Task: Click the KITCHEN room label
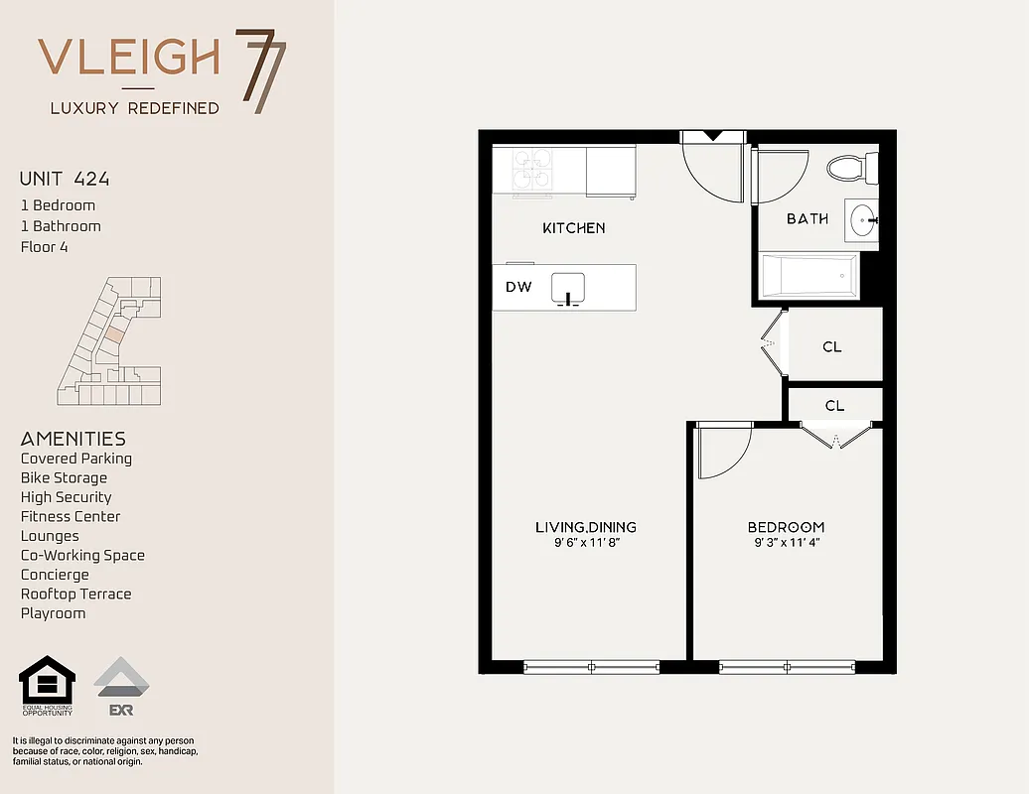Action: click(573, 228)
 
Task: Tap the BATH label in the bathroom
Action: click(807, 218)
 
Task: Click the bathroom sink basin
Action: click(863, 218)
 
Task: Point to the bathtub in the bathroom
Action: click(808, 275)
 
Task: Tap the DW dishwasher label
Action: click(518, 288)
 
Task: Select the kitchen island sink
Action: click(568, 287)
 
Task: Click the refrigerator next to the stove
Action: click(610, 172)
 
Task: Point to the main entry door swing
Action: click(709, 169)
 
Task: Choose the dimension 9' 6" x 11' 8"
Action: click(585, 543)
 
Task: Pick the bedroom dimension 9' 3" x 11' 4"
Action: click(786, 543)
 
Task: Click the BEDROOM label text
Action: click(786, 527)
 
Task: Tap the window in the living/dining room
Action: click(591, 667)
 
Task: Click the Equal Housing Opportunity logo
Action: click(48, 686)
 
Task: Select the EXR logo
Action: click(121, 686)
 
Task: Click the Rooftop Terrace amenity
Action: click(75, 594)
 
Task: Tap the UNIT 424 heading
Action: click(65, 180)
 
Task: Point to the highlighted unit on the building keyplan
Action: click(115, 335)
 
